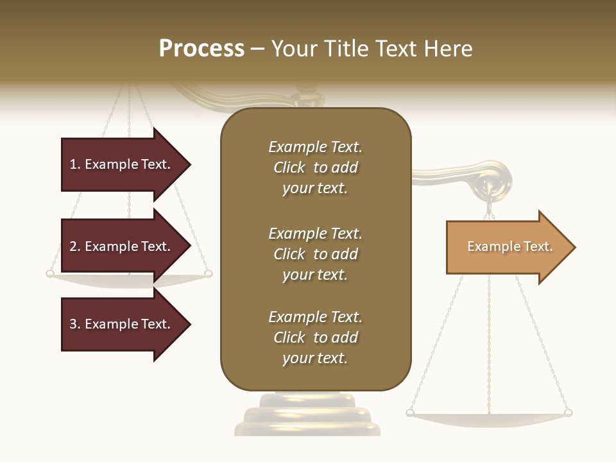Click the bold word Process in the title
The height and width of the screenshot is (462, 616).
201,48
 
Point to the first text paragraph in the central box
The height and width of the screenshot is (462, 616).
315,167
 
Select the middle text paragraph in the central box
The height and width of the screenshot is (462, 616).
315,254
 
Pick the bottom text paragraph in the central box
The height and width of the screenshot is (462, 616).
315,338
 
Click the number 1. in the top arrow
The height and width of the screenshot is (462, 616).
75,164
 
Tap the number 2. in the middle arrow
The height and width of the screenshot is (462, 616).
75,246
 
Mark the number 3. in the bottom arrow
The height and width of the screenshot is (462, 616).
75,324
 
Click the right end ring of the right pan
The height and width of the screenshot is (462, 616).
567,413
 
